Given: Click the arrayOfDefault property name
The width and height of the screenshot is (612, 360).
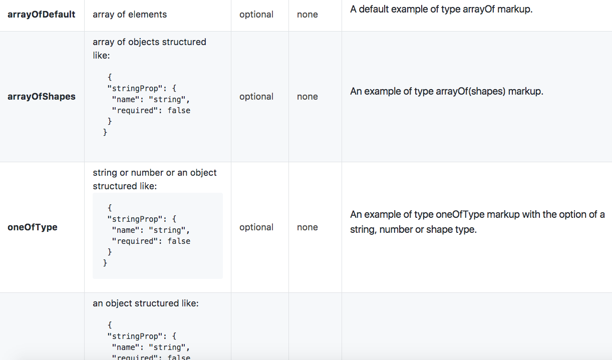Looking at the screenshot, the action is (41, 15).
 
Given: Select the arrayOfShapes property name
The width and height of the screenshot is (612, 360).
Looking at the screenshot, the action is (42, 97).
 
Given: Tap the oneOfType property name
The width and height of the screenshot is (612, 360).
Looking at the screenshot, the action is (33, 227).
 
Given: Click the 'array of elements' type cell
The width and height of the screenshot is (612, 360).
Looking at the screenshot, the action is (130, 15).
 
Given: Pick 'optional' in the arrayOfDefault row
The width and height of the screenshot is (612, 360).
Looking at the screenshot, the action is (256, 15).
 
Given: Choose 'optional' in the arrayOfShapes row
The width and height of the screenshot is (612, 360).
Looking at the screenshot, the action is (256, 97).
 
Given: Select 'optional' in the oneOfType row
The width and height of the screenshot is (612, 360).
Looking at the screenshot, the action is (256, 227).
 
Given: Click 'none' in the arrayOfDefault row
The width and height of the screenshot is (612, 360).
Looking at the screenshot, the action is (308, 15).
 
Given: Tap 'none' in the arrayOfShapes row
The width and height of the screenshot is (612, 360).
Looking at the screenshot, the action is (308, 97).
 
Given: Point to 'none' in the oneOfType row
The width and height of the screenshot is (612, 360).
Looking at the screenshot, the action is (308, 227).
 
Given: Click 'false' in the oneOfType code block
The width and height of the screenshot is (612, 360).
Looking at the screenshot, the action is (179, 241).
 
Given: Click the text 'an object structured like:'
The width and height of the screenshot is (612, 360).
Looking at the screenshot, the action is (146, 303).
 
